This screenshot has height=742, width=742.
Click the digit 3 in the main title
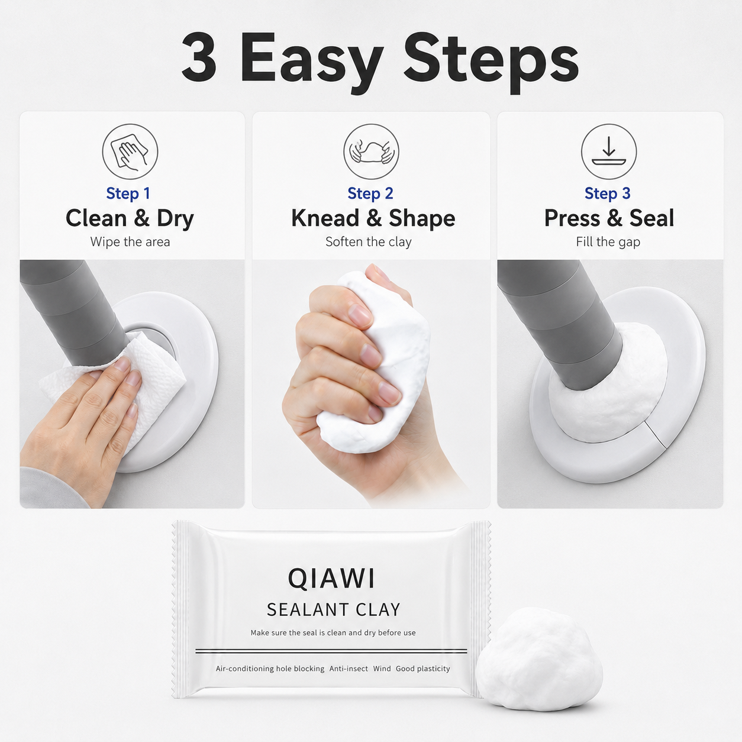click(199, 58)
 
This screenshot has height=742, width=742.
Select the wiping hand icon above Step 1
click(130, 151)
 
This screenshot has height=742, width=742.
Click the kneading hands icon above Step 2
click(371, 151)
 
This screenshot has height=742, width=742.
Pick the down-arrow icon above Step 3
click(609, 151)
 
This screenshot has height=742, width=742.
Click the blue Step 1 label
click(128, 193)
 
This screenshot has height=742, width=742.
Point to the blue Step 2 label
click(370, 193)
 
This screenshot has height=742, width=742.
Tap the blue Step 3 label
click(608, 193)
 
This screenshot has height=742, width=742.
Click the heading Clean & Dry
click(130, 219)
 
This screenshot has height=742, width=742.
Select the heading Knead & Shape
click(373, 219)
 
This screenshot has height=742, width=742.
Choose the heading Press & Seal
click(609, 218)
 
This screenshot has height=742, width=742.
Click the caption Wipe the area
click(130, 242)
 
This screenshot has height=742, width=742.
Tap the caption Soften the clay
click(369, 242)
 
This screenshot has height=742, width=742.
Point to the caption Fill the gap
click(608, 242)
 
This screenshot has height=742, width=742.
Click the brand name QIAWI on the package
click(331, 579)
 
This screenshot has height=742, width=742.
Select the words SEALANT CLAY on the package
click(334, 610)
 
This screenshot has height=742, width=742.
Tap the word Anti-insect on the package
click(349, 669)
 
